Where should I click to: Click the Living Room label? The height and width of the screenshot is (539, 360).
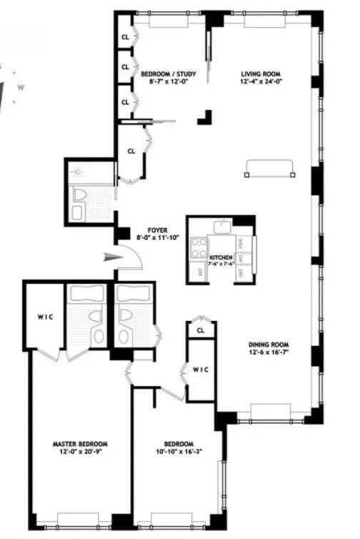tap(260, 73)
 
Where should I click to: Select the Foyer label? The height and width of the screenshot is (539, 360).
tap(157, 230)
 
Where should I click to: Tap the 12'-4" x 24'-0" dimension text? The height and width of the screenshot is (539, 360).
tap(260, 81)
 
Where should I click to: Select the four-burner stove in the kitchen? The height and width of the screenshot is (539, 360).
tap(198, 248)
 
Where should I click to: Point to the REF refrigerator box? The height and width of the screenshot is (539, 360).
tap(198, 272)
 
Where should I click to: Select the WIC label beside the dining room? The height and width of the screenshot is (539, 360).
tap(200, 369)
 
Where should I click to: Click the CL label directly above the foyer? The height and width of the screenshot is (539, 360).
tap(131, 152)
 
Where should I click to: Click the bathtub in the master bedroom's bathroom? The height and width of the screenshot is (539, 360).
tap(86, 294)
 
